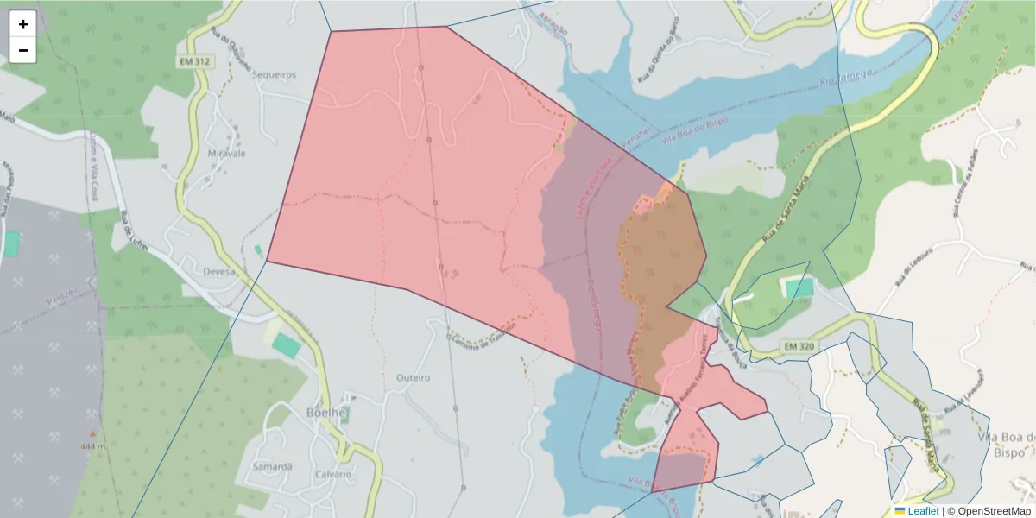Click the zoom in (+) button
[22, 24]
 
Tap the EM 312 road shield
[196, 62]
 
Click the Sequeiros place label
[274, 75]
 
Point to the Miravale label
[227, 153]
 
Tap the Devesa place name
[219, 272]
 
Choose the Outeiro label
[413, 377]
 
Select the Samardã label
[271, 466]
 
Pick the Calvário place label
[333, 474]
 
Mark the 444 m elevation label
[92, 446]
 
